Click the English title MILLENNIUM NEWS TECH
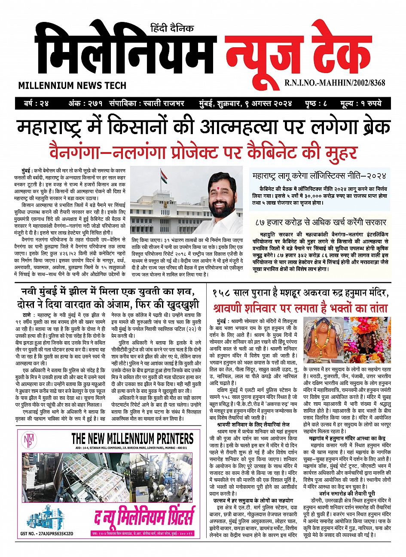pyautogui.click(x=66, y=86)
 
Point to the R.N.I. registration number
pyautogui.click(x=335, y=83)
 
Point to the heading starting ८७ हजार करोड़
pyautogui.click(x=320, y=222)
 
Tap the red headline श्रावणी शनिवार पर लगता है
pyautogui.click(x=299, y=308)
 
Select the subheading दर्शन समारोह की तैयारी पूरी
pyautogui.click(x=347, y=494)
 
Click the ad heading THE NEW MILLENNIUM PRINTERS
pyautogui.click(x=132, y=438)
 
